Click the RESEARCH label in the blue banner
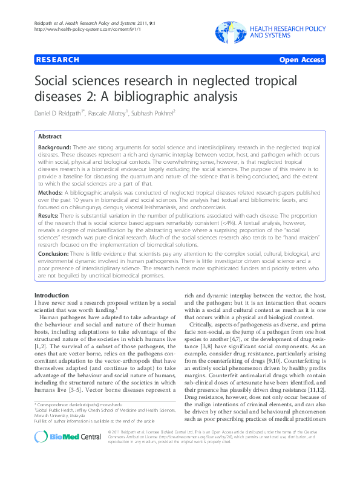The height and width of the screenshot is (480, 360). (x=57, y=60)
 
